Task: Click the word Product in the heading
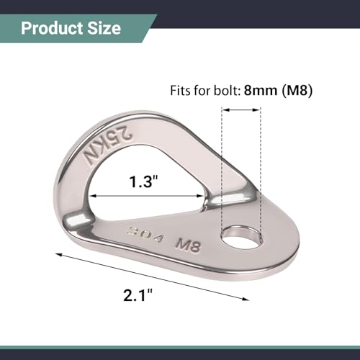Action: coord(52,28)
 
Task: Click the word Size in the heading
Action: coord(104,28)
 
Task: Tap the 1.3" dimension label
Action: coord(144,181)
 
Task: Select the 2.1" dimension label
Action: coord(138,295)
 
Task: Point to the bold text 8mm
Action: coord(261,91)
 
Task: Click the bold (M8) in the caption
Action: coord(297,91)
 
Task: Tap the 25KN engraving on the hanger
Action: coord(107,146)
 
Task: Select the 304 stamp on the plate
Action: coord(145,234)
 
